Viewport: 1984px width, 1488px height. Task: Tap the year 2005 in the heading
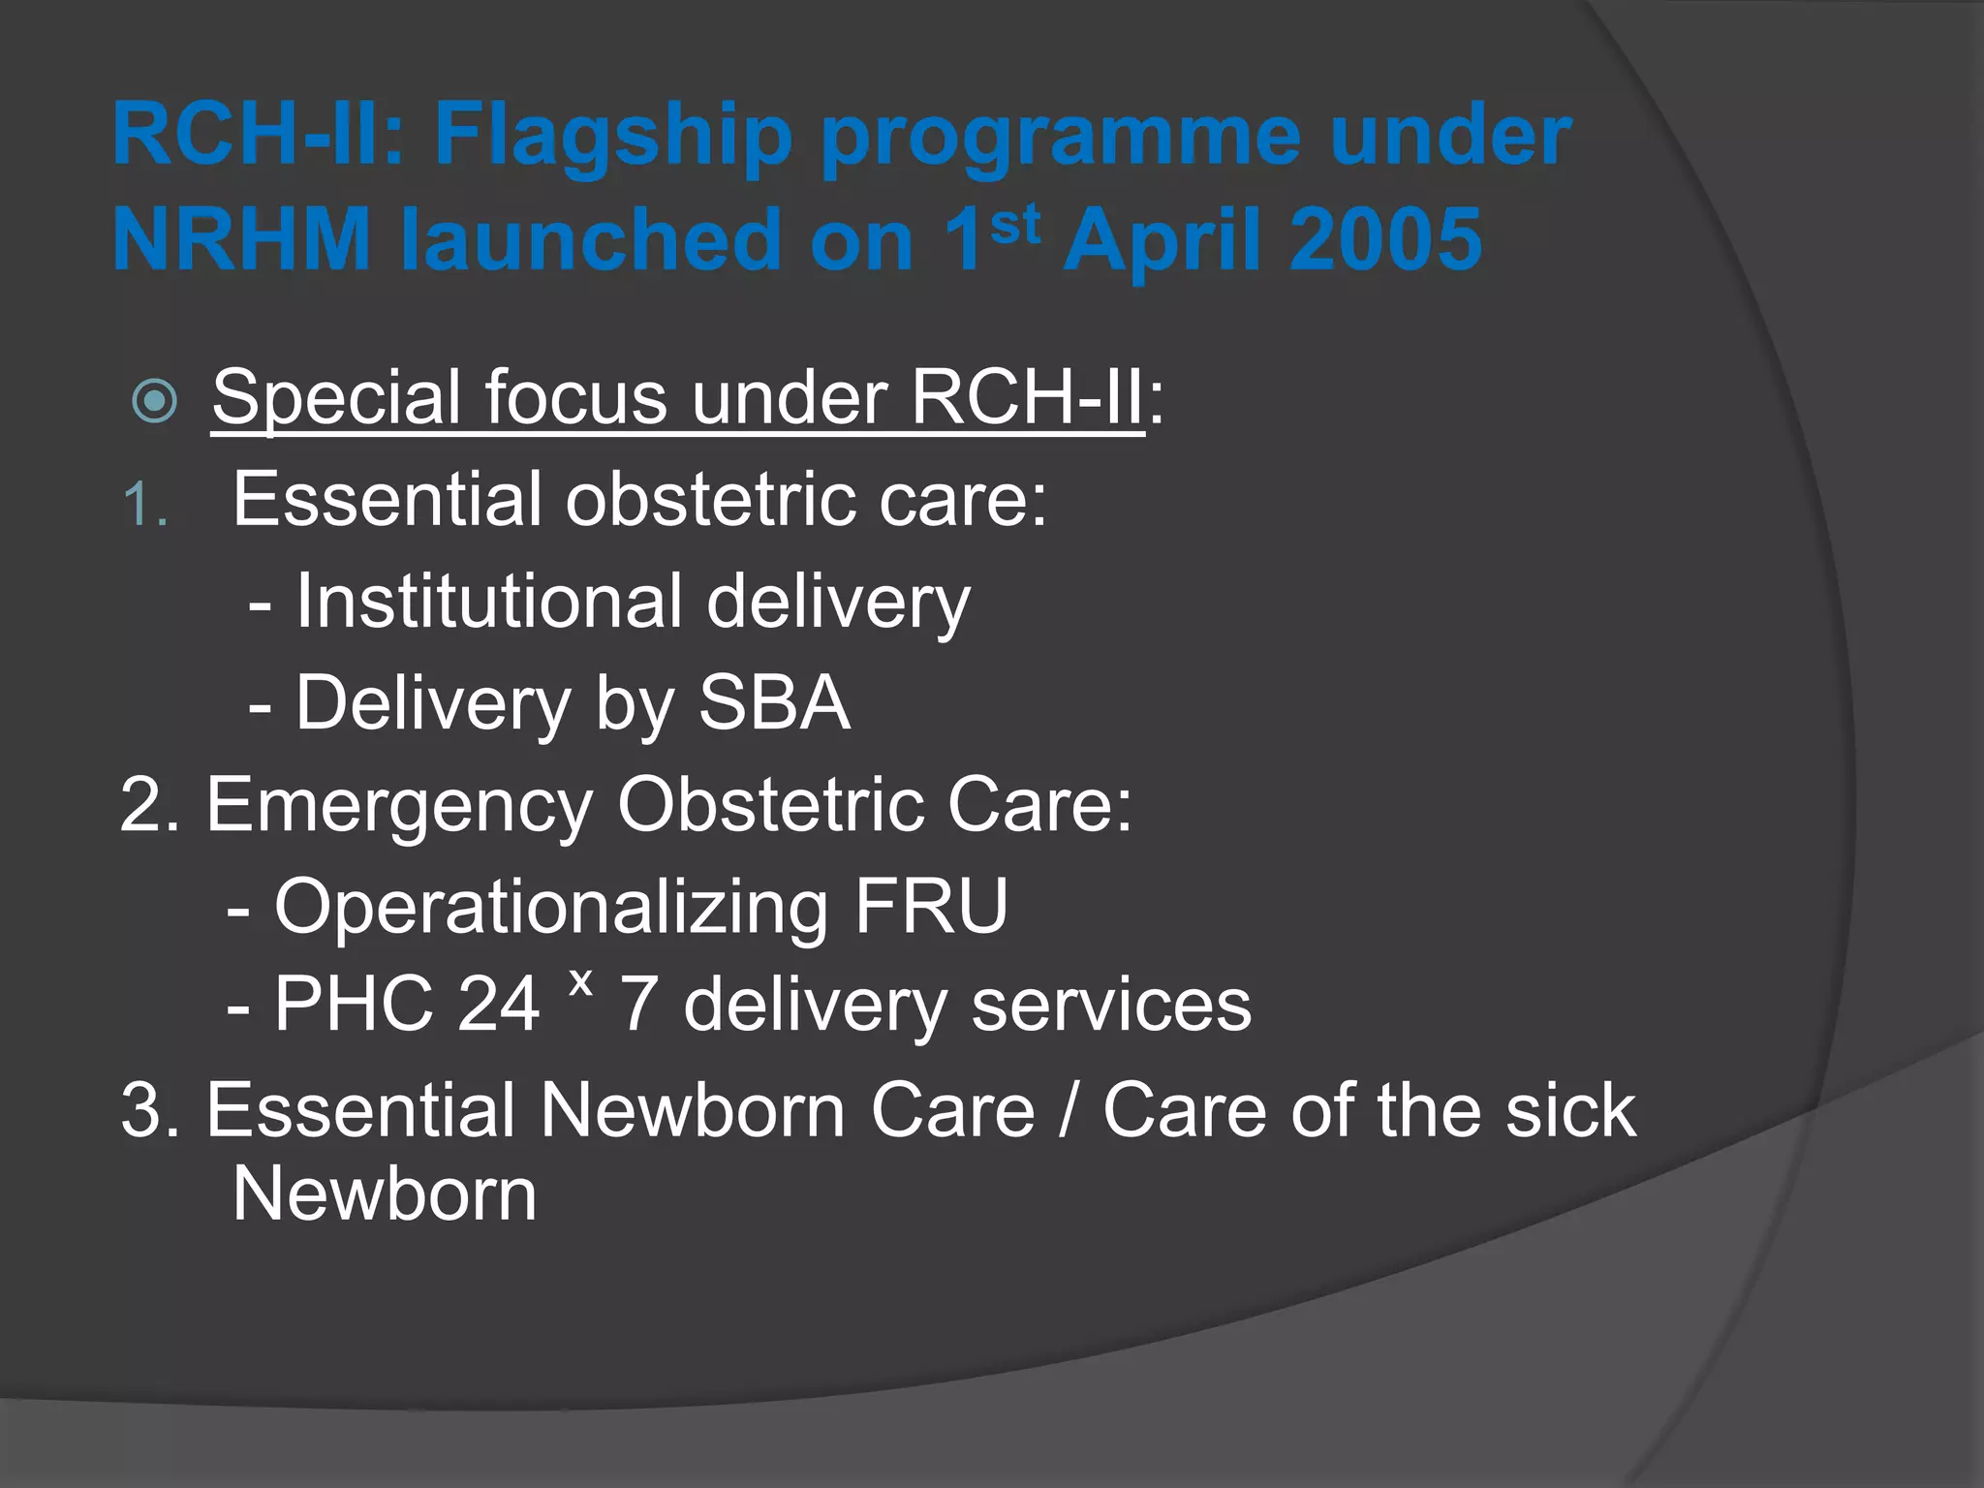[1385, 239]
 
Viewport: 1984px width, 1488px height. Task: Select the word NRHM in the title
[242, 239]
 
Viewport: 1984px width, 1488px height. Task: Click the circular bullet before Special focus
[155, 401]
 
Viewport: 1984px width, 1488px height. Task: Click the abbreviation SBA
[774, 702]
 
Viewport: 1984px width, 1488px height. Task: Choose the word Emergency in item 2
[399, 805]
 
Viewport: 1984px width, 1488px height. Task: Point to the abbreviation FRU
[931, 907]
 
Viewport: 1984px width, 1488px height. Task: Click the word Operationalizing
[551, 907]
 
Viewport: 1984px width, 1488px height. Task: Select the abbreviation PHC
[353, 1004]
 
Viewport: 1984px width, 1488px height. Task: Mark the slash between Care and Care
[1069, 1110]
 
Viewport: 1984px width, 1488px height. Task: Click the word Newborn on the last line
[385, 1193]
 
